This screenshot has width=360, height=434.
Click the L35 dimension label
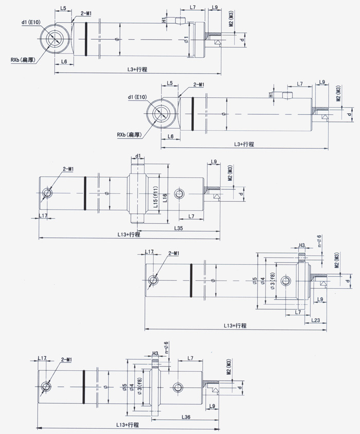179,227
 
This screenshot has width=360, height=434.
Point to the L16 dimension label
164,196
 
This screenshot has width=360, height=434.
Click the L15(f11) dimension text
155,196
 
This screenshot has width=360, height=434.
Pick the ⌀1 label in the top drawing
186,40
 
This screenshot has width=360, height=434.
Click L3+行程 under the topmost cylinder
137,69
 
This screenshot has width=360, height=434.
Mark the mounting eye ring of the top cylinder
53,39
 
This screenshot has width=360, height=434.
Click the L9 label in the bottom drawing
212,407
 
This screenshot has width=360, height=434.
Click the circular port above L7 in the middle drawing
179,194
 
